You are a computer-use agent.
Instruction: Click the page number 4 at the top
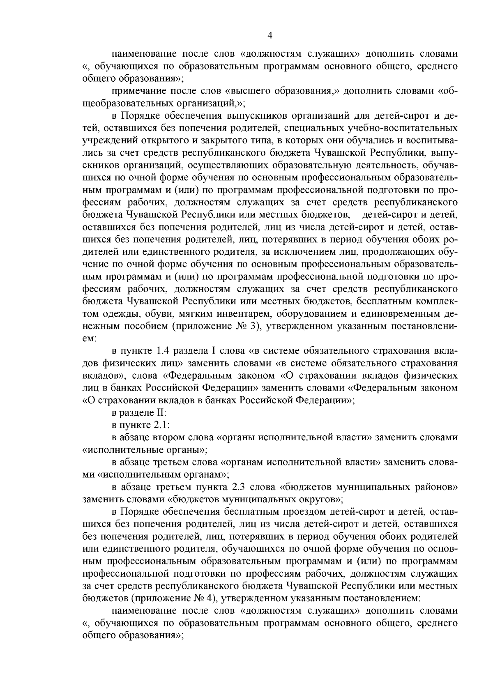[x=270, y=36]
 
